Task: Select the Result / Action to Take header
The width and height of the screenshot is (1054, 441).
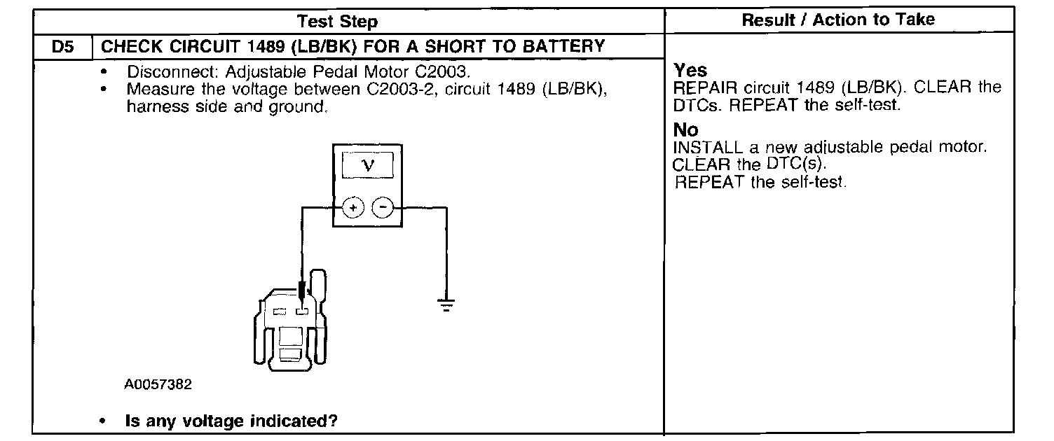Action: click(838, 20)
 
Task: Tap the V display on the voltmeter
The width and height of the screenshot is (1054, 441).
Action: click(367, 166)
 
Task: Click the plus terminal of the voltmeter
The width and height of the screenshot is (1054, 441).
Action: click(353, 208)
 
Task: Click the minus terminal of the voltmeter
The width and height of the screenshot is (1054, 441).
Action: click(382, 208)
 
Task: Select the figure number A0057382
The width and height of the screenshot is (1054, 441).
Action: click(158, 384)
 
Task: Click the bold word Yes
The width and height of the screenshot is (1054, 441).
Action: click(690, 71)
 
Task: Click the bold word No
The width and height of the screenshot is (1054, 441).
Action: click(686, 130)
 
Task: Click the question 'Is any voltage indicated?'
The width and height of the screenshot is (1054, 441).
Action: click(231, 421)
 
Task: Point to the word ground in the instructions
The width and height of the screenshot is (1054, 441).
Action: click(297, 108)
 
